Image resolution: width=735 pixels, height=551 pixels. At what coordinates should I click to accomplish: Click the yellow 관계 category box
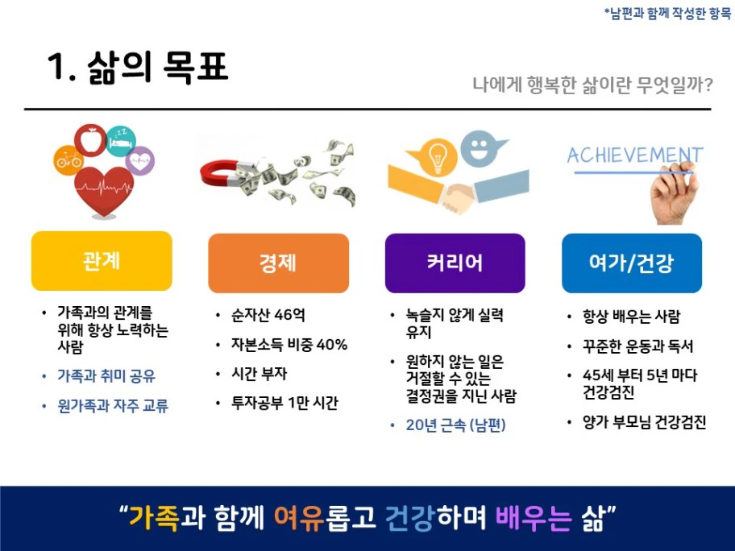tap(102, 260)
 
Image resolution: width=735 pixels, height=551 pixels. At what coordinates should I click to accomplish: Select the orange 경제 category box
tap(278, 263)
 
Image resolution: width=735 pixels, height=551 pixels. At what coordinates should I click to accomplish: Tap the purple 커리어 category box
tap(455, 263)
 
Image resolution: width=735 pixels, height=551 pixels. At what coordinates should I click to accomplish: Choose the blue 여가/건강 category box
tap(632, 263)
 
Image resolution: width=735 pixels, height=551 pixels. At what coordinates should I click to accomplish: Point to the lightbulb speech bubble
tap(433, 157)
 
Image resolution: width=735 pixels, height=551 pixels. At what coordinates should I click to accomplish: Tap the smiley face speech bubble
tap(481, 148)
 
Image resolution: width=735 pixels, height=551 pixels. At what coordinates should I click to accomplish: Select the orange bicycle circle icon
tap(69, 160)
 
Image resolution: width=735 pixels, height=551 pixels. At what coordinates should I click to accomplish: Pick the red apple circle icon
tap(90, 140)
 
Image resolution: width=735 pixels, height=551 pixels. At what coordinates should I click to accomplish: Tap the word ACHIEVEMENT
tap(635, 155)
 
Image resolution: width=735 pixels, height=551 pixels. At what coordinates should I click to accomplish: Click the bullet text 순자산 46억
tap(268, 315)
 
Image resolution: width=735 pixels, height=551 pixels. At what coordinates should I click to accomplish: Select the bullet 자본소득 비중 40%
tap(289, 345)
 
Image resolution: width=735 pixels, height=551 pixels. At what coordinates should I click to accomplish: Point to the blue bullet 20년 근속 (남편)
tap(455, 425)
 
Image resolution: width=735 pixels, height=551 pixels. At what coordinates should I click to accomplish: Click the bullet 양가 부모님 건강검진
tap(645, 422)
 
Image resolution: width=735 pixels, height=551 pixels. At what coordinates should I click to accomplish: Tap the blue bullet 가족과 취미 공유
tap(106, 375)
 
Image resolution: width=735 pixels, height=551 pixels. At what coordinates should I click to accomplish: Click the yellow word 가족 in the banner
tap(154, 517)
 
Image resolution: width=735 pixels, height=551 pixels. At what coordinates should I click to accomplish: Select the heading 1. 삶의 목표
tap(137, 67)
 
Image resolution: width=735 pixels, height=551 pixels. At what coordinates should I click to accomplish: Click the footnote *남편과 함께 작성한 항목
tap(667, 13)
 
